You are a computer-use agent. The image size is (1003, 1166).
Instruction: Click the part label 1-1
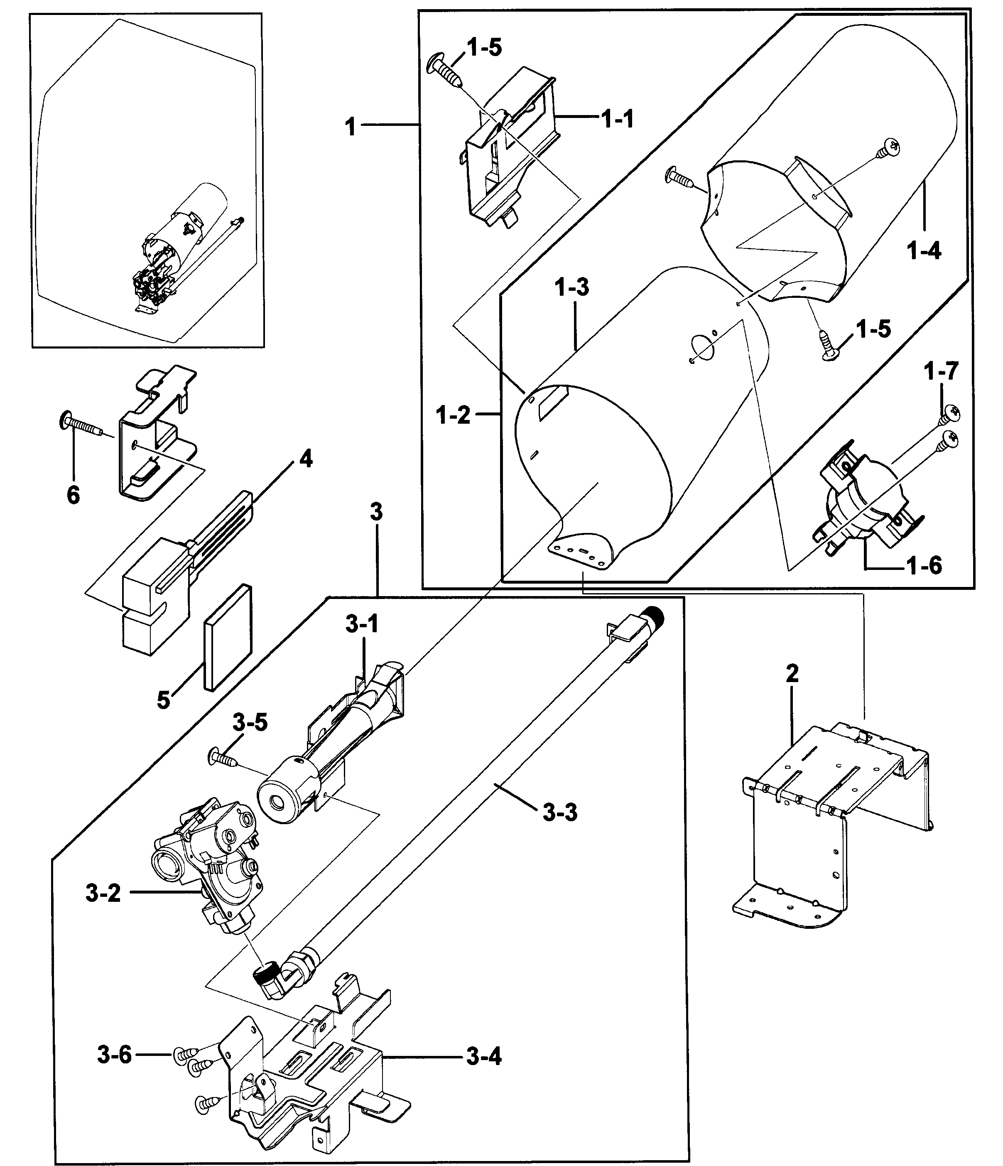[617, 119]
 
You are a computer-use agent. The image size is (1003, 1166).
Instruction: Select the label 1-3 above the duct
[571, 287]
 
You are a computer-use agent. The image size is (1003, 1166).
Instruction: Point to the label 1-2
[453, 415]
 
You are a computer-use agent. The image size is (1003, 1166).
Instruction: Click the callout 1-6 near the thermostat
[924, 566]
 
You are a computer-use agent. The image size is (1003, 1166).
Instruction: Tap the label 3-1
[362, 624]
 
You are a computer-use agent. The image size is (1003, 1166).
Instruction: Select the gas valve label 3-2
[103, 893]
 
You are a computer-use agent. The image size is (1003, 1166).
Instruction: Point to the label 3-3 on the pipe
[560, 813]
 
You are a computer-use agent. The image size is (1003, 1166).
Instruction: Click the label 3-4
[484, 1057]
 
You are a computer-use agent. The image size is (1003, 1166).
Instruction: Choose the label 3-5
[250, 722]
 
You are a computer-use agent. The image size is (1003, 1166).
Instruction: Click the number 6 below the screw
[73, 495]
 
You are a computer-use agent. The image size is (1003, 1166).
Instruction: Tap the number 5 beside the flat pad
[164, 700]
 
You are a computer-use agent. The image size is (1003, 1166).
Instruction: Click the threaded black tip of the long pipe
[654, 615]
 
